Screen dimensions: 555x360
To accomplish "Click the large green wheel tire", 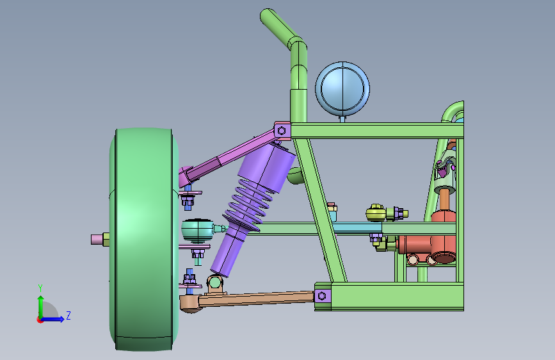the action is (144, 240).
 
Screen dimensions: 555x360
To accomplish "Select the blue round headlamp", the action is (342, 89).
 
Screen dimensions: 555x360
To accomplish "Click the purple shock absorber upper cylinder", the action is (266, 166).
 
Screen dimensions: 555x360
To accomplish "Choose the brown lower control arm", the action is (248, 300).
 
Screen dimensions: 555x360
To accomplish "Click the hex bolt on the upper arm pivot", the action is (282, 131).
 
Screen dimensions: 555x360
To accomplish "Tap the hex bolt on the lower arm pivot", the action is (322, 295).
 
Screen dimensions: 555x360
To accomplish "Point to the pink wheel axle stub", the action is (97, 240).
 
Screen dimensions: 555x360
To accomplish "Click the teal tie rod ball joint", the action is (198, 231).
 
